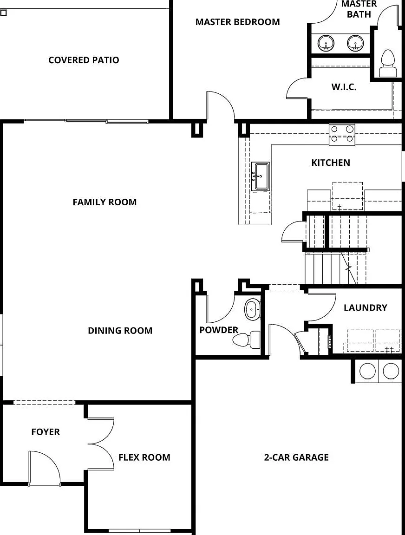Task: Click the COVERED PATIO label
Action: (x=84, y=60)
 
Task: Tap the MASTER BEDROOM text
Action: (x=237, y=22)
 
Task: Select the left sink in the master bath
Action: (x=326, y=43)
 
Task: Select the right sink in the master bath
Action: (x=355, y=43)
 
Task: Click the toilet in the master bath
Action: (x=388, y=64)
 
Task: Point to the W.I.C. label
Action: (x=344, y=87)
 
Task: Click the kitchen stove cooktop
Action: (x=342, y=135)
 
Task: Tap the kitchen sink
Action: (x=261, y=176)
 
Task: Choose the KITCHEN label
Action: (x=331, y=163)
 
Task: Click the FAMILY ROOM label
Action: (x=105, y=202)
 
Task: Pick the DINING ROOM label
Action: (x=120, y=331)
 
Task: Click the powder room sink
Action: (x=253, y=309)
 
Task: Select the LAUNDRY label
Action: (x=366, y=308)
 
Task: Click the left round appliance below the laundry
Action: (x=367, y=371)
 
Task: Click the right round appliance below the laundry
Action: (x=391, y=371)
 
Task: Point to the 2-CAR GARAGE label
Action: (x=296, y=457)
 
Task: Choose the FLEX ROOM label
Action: (x=144, y=457)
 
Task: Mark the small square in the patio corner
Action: (x=3, y=13)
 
